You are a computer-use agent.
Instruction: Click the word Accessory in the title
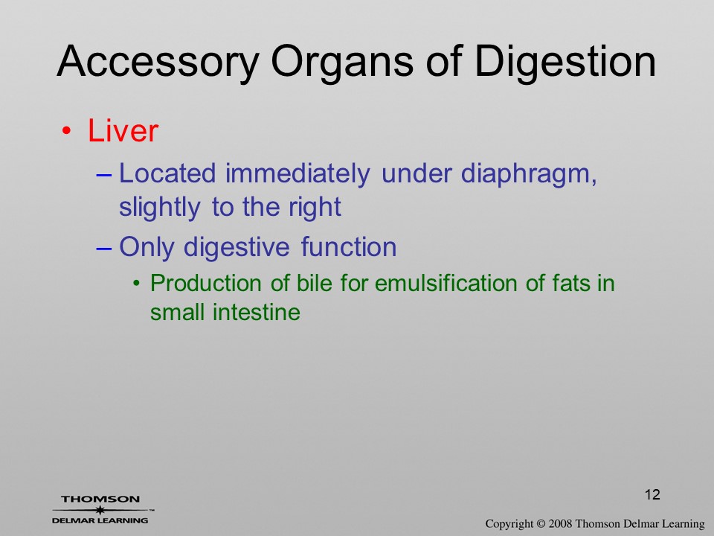pyautogui.click(x=158, y=62)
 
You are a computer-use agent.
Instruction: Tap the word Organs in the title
pyautogui.click(x=342, y=62)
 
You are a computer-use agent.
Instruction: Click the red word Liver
pyautogui.click(x=123, y=131)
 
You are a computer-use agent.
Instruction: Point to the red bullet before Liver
pyautogui.click(x=66, y=132)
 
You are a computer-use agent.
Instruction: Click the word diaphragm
pyautogui.click(x=529, y=174)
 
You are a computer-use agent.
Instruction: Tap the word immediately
pyautogui.click(x=297, y=174)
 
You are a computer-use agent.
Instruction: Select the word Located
pyautogui.click(x=167, y=173)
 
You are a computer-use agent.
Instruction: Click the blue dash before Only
pyautogui.click(x=104, y=249)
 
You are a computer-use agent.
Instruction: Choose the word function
pyautogui.click(x=349, y=247)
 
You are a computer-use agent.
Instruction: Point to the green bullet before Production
pyautogui.click(x=136, y=284)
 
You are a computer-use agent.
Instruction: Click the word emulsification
pyautogui.click(x=446, y=283)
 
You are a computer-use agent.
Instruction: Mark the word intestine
pyautogui.click(x=257, y=313)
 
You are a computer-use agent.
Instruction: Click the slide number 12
pyautogui.click(x=652, y=494)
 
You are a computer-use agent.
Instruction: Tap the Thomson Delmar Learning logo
pyautogui.click(x=100, y=509)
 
